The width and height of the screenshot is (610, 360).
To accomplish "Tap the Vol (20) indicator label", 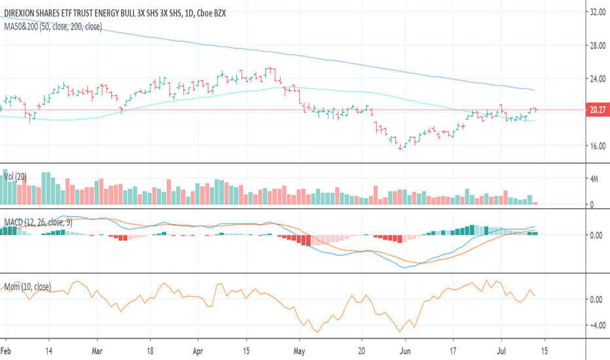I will [x=15, y=177].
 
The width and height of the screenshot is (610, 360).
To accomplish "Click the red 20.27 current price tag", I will [x=596, y=111].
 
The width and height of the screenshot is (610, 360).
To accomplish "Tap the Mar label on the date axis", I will [x=98, y=350].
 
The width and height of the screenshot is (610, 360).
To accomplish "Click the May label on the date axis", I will [x=299, y=350].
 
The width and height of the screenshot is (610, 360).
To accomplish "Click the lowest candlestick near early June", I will [x=401, y=146].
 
